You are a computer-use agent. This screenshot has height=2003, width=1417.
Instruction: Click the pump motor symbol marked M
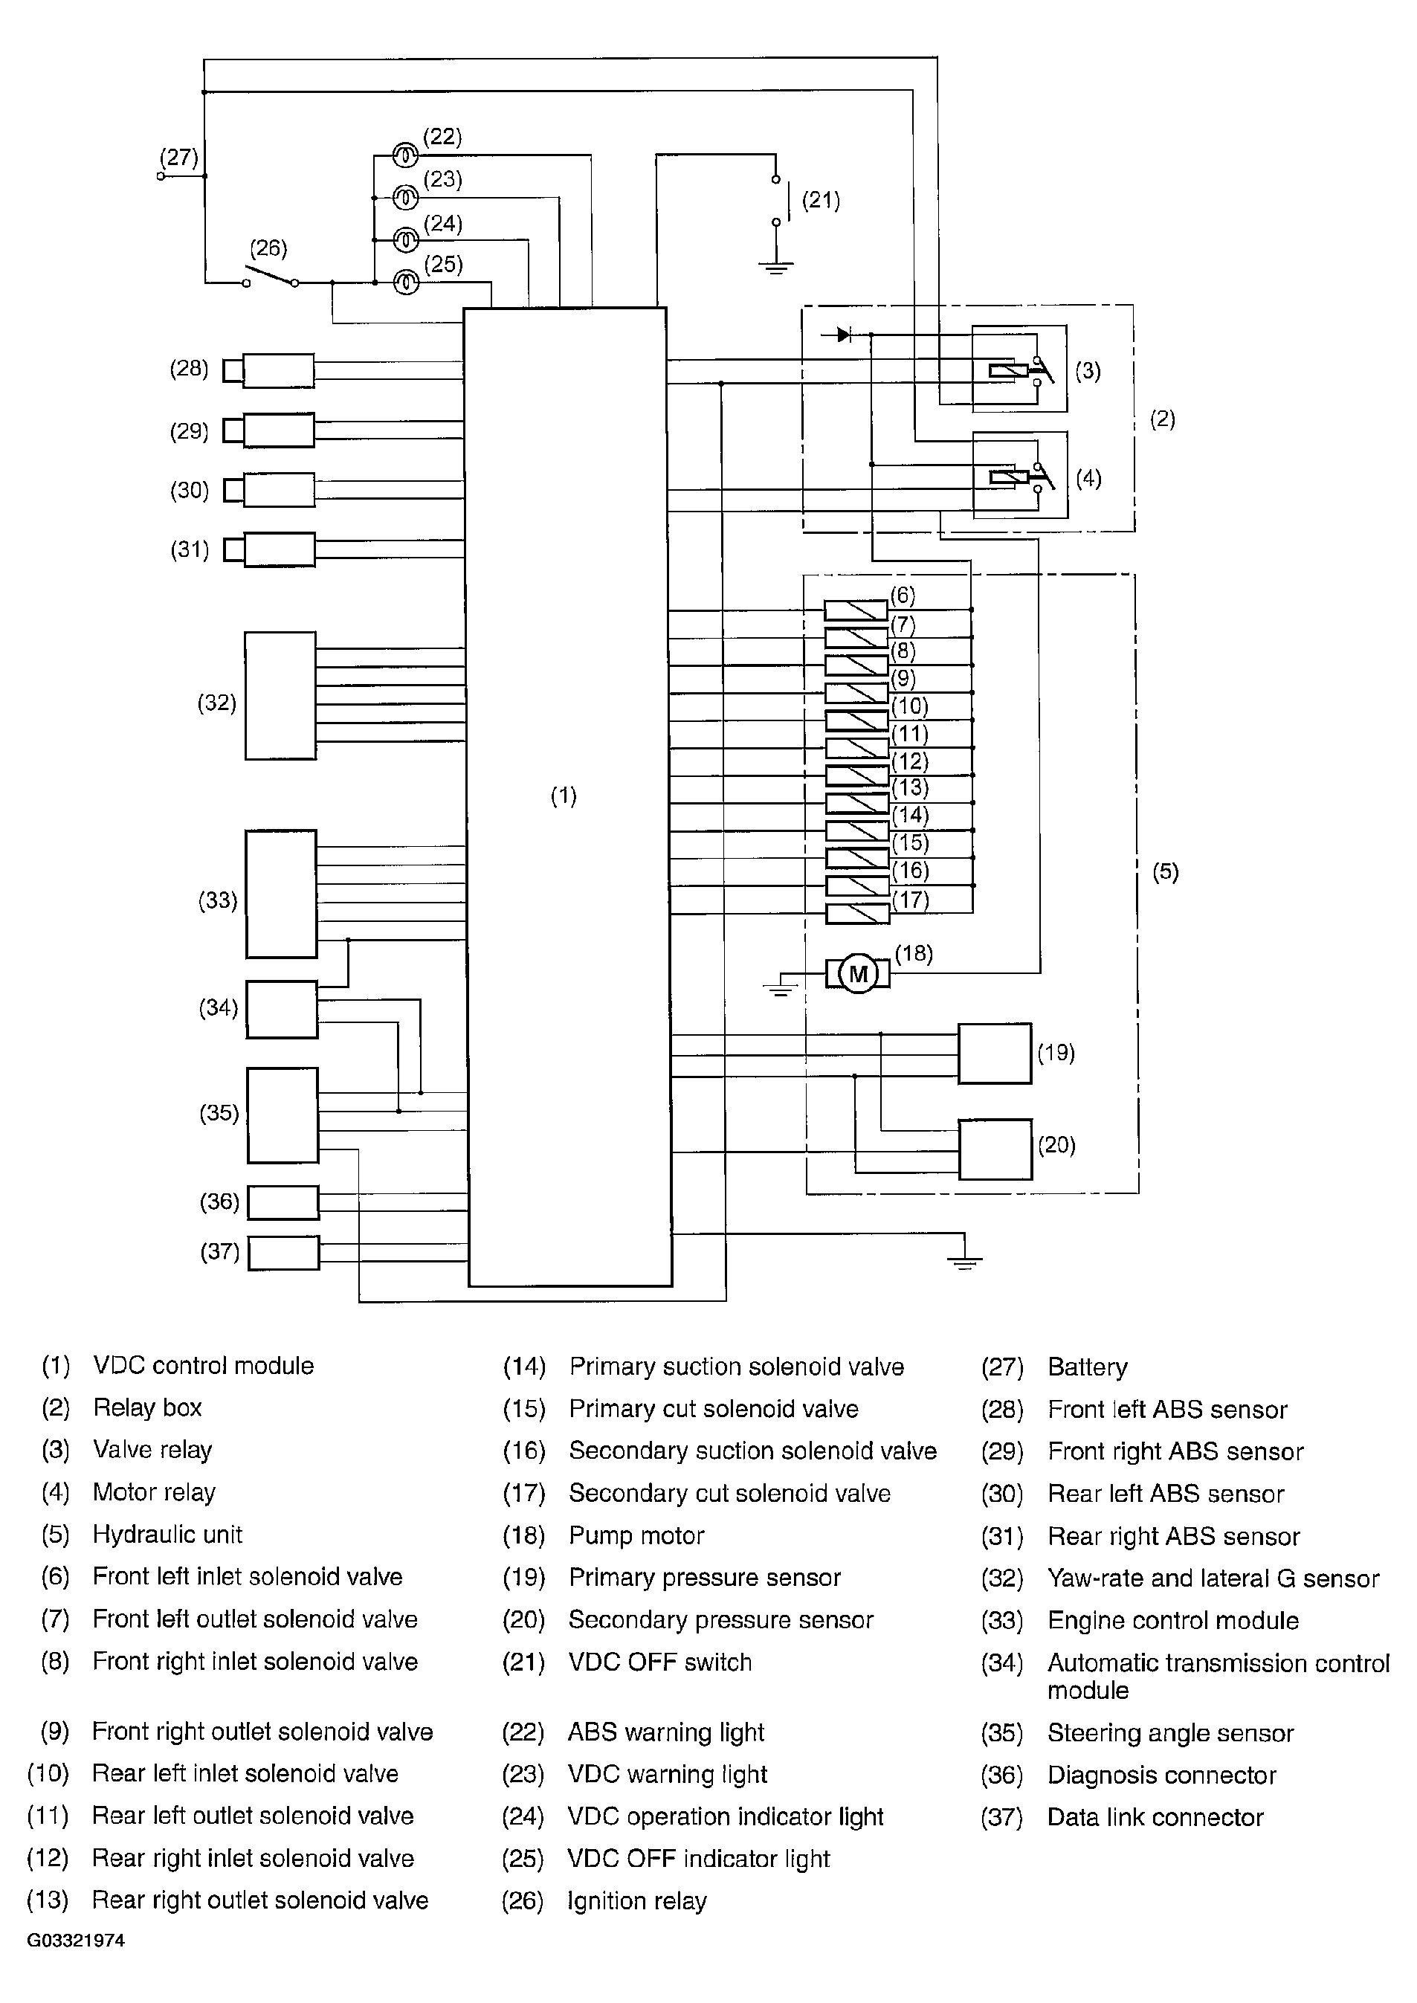859,973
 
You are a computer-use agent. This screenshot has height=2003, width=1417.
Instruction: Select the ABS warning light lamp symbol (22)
405,156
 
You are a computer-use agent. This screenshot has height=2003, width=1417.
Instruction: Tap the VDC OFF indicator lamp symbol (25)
406,283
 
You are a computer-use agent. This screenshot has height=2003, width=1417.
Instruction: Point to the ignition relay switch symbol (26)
271,278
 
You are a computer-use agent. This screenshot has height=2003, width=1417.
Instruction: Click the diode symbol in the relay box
843,334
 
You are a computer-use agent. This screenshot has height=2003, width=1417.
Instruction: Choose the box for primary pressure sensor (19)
995,1053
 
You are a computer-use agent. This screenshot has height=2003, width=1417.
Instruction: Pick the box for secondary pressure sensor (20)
995,1149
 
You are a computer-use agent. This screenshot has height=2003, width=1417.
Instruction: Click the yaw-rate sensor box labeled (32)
280,695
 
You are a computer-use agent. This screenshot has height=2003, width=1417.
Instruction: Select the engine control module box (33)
281,894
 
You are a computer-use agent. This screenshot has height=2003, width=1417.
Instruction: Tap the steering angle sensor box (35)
282,1115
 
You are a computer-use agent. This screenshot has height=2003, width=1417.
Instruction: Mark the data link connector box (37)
283,1253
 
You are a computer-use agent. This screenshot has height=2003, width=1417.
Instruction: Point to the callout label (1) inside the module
564,796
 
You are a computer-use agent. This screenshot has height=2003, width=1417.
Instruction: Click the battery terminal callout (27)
179,158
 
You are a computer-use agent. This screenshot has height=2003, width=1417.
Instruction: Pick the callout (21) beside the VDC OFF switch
820,201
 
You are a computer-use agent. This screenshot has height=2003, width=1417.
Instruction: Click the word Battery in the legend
1087,1367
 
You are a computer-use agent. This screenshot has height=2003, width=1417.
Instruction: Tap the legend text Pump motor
636,1535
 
